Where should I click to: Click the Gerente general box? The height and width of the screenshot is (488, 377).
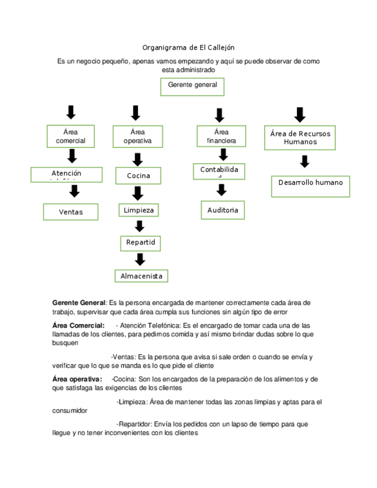click(x=192, y=86)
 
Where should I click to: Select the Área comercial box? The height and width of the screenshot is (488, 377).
click(x=71, y=136)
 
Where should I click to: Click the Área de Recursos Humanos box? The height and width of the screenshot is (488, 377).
click(x=300, y=138)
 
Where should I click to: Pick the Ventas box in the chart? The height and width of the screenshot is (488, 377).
click(x=71, y=212)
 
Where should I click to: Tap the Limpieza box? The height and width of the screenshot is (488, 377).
click(x=139, y=211)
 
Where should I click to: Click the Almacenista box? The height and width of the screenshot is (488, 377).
click(x=141, y=276)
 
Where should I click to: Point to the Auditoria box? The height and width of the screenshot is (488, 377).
click(x=223, y=210)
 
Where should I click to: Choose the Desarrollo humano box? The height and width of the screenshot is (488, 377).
click(x=310, y=185)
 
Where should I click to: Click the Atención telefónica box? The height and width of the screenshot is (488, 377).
click(x=67, y=174)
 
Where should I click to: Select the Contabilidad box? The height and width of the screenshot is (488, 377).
click(x=219, y=171)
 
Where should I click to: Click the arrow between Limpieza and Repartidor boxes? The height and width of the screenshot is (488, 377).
click(x=139, y=226)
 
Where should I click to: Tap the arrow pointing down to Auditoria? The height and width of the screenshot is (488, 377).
click(x=222, y=190)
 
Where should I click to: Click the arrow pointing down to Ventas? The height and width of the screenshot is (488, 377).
click(x=74, y=191)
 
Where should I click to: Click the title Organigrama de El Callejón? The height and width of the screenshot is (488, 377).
click(x=188, y=47)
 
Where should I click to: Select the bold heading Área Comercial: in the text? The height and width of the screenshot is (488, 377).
click(x=78, y=325)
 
